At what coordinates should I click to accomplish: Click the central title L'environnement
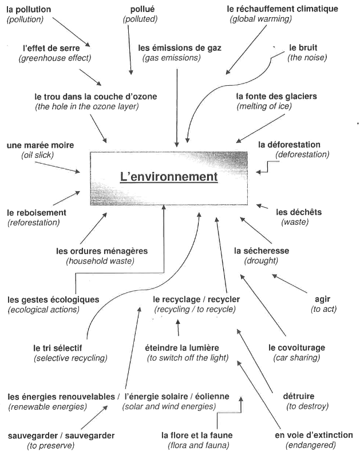[169, 177]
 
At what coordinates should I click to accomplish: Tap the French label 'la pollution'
[29, 10]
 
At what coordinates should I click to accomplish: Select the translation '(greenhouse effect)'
[54, 58]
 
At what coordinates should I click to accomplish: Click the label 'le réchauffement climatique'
[282, 9]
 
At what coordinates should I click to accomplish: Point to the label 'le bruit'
[303, 47]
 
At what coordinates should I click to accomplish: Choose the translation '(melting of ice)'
[264, 106]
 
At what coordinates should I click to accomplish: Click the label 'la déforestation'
[297, 144]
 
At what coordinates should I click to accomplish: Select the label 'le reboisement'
[37, 212]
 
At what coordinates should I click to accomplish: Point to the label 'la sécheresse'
[262, 251]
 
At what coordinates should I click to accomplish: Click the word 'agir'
[323, 299]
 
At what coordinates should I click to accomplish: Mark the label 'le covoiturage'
[296, 347]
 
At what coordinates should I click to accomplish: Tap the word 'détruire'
[299, 396]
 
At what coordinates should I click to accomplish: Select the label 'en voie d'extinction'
[314, 435]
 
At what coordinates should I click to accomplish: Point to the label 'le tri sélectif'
[58, 347]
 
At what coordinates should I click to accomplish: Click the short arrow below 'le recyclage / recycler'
[178, 328]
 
